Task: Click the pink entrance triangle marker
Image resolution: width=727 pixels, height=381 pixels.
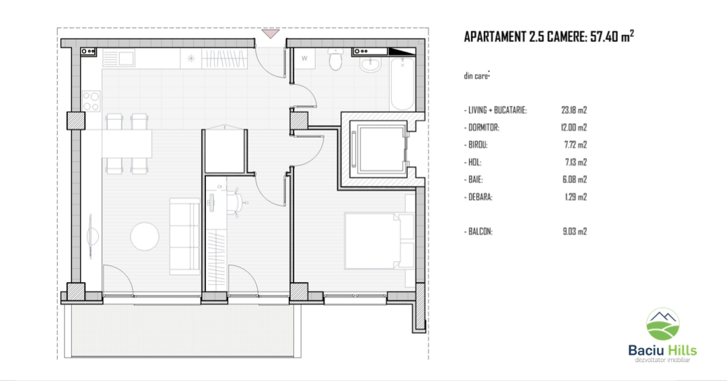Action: coord(271,34)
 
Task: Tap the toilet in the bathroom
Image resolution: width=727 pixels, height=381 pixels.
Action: coord(335,59)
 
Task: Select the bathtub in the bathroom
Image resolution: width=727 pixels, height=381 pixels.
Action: coord(402,84)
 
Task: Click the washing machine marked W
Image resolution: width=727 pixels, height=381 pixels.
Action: coord(305,59)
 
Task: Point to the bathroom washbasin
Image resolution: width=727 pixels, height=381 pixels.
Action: coord(370,65)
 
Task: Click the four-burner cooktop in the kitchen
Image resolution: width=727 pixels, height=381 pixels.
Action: coord(92,101)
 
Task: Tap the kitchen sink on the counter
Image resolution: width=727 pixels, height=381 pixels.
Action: coord(118,59)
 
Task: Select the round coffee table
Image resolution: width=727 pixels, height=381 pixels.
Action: coord(145,236)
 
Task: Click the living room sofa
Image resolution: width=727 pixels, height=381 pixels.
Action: coord(184,236)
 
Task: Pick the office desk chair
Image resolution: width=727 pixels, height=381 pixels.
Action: coord(236,203)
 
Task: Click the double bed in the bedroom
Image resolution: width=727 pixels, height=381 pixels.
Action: coord(379,240)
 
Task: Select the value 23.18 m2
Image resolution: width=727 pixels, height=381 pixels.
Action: coord(574,110)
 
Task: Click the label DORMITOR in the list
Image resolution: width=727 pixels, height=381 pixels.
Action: coord(483,127)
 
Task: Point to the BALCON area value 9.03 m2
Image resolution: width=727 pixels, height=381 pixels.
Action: coord(575,232)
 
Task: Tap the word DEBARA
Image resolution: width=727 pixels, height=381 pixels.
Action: coord(481,197)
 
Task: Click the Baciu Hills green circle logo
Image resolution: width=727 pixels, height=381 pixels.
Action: coord(663,324)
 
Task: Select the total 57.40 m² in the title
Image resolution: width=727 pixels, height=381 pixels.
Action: coord(612,36)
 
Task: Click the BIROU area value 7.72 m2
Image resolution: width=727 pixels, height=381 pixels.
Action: coord(576,145)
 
